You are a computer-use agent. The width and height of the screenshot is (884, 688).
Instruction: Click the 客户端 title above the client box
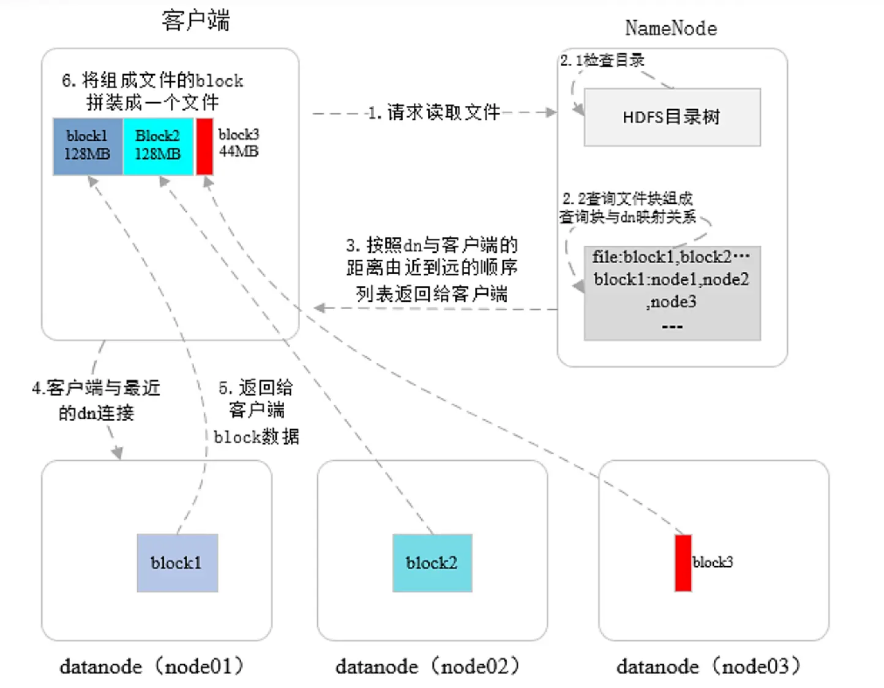click(x=195, y=21)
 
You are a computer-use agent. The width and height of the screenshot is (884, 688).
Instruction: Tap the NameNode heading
click(x=671, y=28)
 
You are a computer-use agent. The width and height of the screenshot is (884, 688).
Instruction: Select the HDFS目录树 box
click(x=672, y=117)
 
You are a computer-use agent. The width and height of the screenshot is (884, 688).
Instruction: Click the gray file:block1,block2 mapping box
click(x=672, y=293)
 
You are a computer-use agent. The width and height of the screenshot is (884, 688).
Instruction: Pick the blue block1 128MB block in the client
click(x=88, y=146)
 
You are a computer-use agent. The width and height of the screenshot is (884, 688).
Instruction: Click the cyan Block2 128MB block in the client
click(x=158, y=146)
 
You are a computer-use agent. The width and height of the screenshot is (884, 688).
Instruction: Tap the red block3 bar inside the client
click(x=204, y=146)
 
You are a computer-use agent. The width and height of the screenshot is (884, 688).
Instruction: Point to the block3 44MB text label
click(x=239, y=143)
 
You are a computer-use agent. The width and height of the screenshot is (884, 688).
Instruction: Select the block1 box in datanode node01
click(x=177, y=563)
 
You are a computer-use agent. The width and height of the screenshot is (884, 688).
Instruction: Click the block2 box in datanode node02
click(x=432, y=563)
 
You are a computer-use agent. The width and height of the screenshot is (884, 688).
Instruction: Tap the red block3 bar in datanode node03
click(x=683, y=563)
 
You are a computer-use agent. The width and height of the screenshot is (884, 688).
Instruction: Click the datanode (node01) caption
click(x=152, y=666)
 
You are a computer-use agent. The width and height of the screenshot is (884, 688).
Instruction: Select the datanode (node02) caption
click(x=427, y=666)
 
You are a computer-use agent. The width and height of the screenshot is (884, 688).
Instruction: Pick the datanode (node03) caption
click(x=708, y=666)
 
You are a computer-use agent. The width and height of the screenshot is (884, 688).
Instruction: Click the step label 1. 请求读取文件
click(x=434, y=113)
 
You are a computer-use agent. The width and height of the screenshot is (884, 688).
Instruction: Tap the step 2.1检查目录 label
click(x=602, y=60)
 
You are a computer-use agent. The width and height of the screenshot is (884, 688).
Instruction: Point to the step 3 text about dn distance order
click(x=432, y=269)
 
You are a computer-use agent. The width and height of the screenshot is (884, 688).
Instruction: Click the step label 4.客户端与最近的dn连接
click(x=96, y=400)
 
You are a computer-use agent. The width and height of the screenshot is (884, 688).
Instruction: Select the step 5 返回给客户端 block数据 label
click(x=256, y=411)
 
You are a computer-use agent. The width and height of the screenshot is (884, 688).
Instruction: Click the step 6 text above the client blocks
click(x=152, y=91)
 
